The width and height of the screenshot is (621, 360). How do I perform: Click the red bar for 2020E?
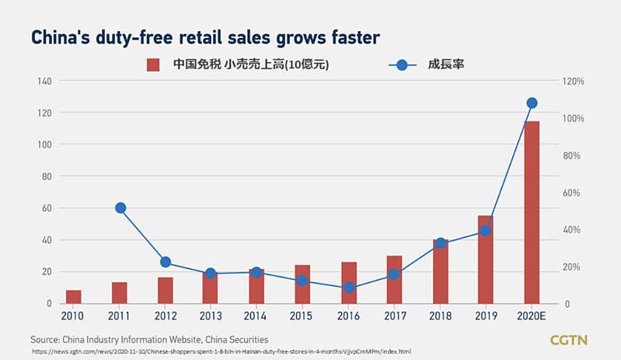[x=532, y=211]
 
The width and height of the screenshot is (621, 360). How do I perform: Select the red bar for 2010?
[x=73, y=296]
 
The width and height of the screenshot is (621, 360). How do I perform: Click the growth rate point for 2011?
[x=120, y=208]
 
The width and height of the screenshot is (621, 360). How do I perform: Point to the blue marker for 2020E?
[x=532, y=103]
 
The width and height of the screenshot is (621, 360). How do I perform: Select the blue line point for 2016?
[x=349, y=288]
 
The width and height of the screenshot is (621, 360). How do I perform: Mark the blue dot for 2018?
[x=441, y=243]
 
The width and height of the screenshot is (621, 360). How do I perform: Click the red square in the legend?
[x=153, y=65]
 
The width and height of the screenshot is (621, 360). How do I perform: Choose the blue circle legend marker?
[x=402, y=65]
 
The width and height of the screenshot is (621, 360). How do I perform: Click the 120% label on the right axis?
[x=574, y=81]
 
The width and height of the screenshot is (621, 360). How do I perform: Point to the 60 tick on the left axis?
[x=46, y=208]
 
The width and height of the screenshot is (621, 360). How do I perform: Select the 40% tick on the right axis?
[x=572, y=229]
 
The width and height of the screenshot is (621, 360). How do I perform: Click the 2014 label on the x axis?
[x=256, y=316]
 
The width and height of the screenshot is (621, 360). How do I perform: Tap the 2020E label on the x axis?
[x=532, y=316]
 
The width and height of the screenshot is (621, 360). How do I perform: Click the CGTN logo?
[x=568, y=341]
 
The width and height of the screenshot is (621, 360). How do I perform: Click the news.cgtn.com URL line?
[x=221, y=351]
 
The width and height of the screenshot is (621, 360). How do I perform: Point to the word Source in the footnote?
[x=46, y=339]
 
